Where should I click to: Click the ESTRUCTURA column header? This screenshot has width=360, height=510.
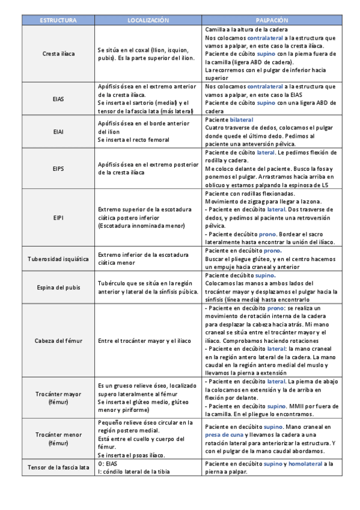point(58,20)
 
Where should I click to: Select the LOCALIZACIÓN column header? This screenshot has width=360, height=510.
point(148,20)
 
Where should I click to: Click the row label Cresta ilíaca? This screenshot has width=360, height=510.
point(58,54)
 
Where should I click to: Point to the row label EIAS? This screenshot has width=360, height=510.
point(58,98)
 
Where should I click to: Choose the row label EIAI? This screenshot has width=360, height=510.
point(58,131)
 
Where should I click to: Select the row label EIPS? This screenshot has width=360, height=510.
point(58,168)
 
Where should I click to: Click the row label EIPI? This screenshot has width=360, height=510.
point(58,217)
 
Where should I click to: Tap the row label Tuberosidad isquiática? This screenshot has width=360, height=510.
point(58,259)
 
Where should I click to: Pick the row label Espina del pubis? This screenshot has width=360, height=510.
point(58,287)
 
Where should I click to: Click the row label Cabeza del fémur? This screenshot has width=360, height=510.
point(58,341)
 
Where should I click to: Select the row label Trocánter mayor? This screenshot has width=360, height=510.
point(58,397)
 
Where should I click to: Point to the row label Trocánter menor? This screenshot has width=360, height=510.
point(58,438)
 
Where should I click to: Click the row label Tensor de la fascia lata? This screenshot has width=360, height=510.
point(58,467)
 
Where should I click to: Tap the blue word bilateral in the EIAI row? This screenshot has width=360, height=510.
point(242,120)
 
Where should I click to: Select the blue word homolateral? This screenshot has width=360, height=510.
point(304,464)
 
